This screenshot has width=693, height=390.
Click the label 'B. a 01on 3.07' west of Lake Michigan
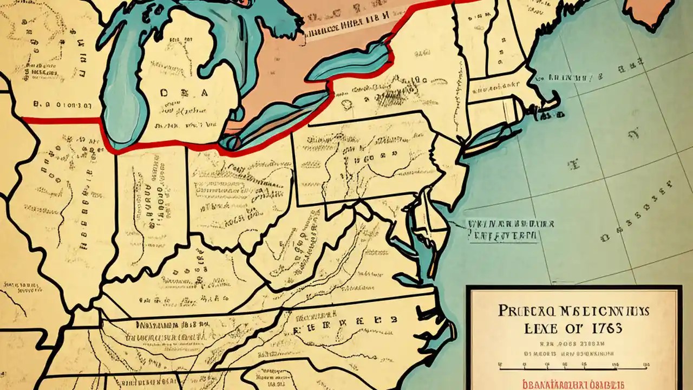coord(62,105)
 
